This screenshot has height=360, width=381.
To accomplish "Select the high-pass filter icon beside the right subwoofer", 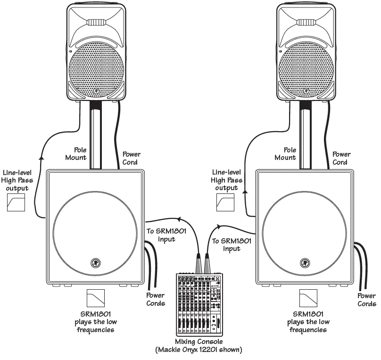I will (x=225, y=203).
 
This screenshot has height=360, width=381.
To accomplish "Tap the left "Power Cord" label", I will (x=132, y=158).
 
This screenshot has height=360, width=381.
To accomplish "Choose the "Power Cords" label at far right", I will (x=366, y=300).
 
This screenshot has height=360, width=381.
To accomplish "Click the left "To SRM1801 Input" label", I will (x=160, y=235).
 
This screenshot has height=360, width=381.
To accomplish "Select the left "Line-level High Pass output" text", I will (x=16, y=180).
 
